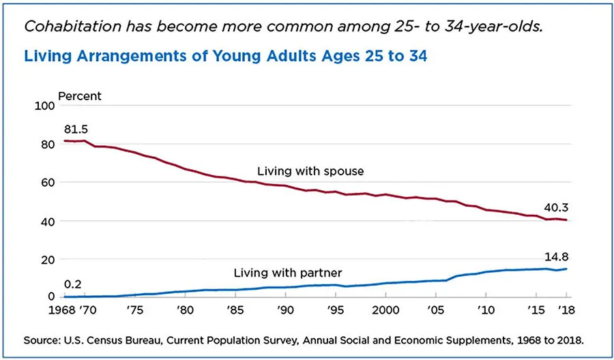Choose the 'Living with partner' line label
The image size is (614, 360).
pos(287,273)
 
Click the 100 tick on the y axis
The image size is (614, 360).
pos(43,106)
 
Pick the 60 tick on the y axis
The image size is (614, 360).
pos(46,183)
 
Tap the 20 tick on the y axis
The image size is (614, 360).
pos(46,260)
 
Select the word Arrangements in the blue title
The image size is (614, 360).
pos(122,56)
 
